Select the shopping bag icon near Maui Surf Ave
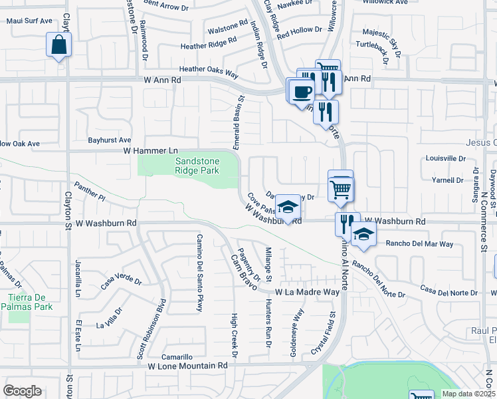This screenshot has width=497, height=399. [x=58, y=45]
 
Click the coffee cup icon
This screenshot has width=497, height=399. [x=302, y=90]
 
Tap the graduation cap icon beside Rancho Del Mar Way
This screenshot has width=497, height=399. [x=363, y=234]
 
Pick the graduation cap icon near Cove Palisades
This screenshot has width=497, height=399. [x=288, y=207]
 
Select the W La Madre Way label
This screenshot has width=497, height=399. [x=308, y=292]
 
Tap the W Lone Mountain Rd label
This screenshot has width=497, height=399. [x=187, y=366]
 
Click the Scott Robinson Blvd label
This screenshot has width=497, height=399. [x=152, y=329]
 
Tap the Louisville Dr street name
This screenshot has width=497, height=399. [x=445, y=159]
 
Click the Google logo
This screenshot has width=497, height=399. [x=22, y=391]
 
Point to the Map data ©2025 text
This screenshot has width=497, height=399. [x=468, y=393]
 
